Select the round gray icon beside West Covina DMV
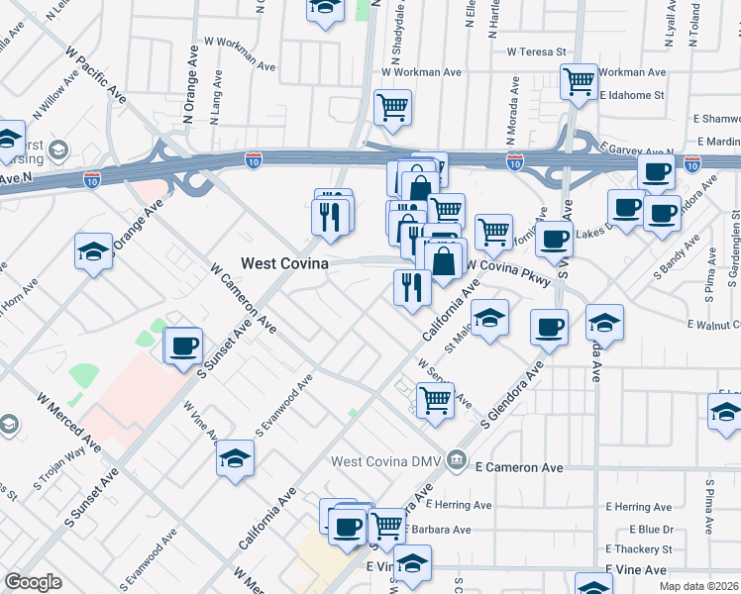(x=456, y=459)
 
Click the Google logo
(x=33, y=582)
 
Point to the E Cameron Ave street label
(x=519, y=467)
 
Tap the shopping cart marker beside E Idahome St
(x=579, y=81)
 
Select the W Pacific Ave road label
(x=96, y=74)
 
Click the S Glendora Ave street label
(x=513, y=396)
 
